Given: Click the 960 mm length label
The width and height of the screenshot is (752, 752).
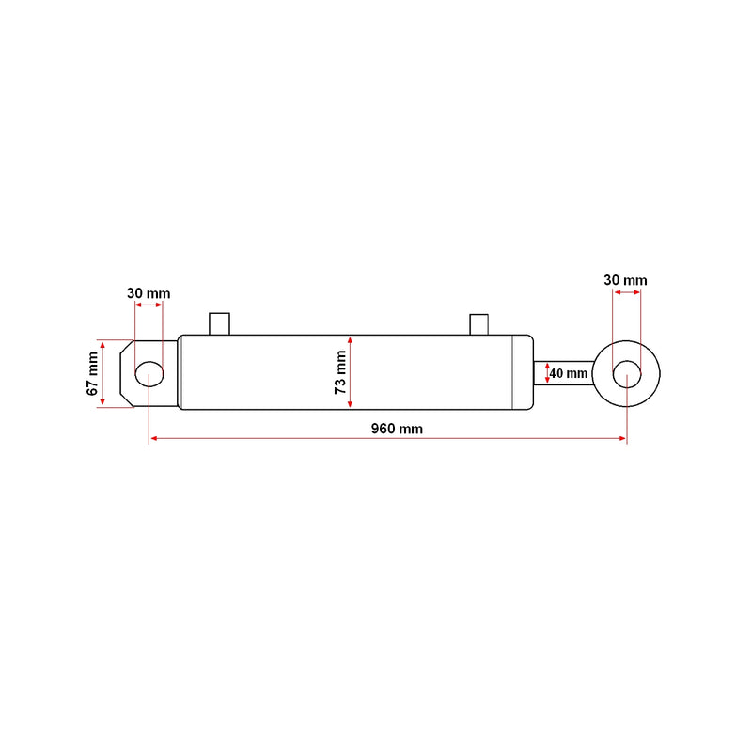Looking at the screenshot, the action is coord(397,429).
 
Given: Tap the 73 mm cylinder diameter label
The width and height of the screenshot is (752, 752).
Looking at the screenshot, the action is coord(340,372).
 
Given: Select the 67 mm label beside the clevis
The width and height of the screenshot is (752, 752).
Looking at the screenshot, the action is coord(92,373).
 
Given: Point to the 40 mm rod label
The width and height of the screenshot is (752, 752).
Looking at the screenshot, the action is coord(569,373).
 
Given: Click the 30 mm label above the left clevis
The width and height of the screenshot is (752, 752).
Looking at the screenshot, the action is coord(149,293).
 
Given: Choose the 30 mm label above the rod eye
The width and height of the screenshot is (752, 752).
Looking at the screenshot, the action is coord(625,280).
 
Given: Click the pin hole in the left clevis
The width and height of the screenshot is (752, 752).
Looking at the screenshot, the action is coord(149,373).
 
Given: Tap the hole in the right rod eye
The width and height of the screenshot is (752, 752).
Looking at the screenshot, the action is coord(627,374).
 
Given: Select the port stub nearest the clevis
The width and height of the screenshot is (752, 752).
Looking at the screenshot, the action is coord(220,323).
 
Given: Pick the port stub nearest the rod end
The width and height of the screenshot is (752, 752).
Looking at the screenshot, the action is coord(479,324).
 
